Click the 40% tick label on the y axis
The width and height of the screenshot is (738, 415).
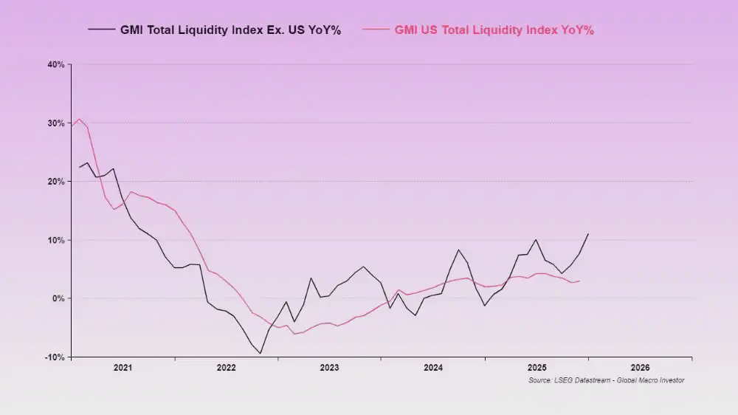pyautogui.click(x=57, y=65)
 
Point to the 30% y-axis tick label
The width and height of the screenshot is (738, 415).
pyautogui.click(x=57, y=123)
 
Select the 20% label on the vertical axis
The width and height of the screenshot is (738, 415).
pyautogui.click(x=57, y=182)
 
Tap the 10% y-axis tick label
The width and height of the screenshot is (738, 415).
pyautogui.click(x=57, y=240)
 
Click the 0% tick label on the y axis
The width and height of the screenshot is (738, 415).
pyautogui.click(x=59, y=298)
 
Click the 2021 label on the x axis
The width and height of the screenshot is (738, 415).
pyautogui.click(x=123, y=367)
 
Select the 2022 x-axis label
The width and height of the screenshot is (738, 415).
pyautogui.click(x=226, y=367)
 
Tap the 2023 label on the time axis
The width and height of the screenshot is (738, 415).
pyautogui.click(x=329, y=367)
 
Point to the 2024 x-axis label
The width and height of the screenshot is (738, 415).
pyautogui.click(x=433, y=367)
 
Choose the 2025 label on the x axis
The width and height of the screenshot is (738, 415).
pyautogui.click(x=537, y=367)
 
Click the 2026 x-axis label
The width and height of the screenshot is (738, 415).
pyautogui.click(x=640, y=367)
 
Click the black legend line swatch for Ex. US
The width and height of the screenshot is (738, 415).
pyautogui.click(x=101, y=30)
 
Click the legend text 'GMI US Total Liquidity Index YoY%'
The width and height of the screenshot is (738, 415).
pyautogui.click(x=494, y=30)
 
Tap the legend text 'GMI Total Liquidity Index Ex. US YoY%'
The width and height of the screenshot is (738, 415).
pyautogui.click(x=230, y=30)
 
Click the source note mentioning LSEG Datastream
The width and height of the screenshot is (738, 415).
pyautogui.click(x=606, y=380)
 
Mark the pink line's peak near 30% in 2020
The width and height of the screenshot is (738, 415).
pyautogui.click(x=79, y=119)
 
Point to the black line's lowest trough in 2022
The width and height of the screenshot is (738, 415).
pyautogui.click(x=260, y=353)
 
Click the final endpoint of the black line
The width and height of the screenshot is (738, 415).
pyautogui.click(x=588, y=234)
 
